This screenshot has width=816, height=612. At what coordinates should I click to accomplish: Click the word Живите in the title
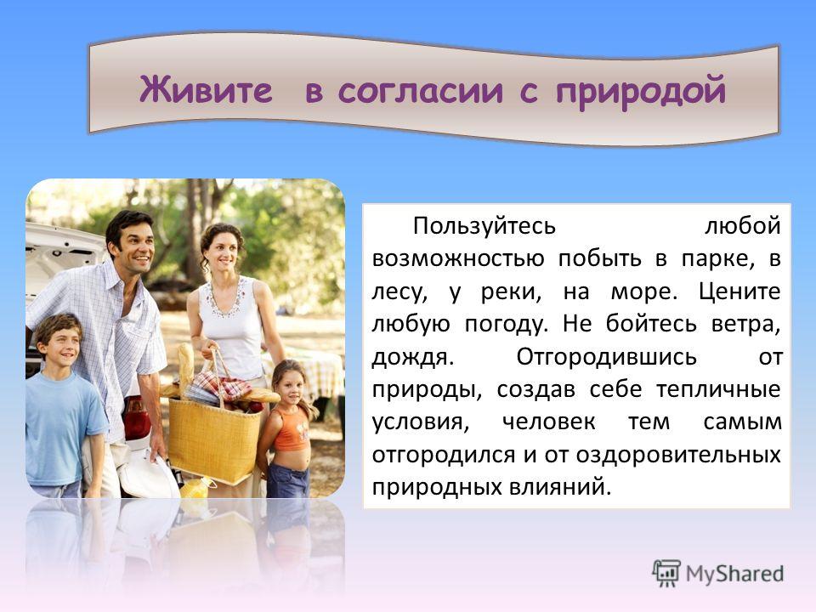click(x=206, y=89)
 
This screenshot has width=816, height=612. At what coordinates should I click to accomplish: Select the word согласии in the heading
click(x=421, y=91)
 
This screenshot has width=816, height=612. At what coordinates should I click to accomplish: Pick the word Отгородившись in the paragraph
click(x=606, y=358)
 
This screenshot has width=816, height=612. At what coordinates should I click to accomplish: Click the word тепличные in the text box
click(x=718, y=390)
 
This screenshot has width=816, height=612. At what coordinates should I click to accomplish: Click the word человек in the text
click(x=548, y=422)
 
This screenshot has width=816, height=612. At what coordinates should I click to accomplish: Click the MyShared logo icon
click(x=666, y=574)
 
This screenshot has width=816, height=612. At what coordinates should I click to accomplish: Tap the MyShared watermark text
click(x=734, y=574)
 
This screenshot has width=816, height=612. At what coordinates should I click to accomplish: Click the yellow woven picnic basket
click(x=215, y=437)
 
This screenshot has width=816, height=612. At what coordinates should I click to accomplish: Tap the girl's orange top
click(x=292, y=428)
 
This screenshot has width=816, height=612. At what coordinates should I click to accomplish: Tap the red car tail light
click(x=136, y=417)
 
